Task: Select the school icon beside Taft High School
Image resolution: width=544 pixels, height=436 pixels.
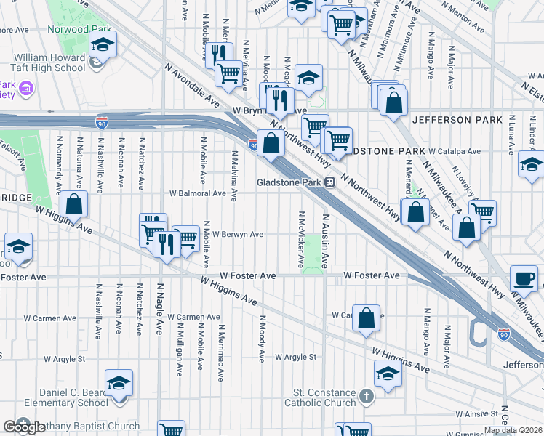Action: pos(103,45)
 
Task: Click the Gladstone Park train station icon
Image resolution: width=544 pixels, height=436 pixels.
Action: pos(329,182)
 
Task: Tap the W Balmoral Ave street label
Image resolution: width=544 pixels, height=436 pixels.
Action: pos(198,193)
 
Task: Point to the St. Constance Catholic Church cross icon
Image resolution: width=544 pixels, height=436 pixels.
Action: pos(367,397)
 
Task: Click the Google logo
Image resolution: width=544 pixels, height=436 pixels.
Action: pos(23,427)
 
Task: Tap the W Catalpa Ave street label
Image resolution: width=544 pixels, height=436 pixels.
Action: pos(455,151)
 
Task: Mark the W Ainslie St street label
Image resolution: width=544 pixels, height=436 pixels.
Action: pos(475,413)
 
